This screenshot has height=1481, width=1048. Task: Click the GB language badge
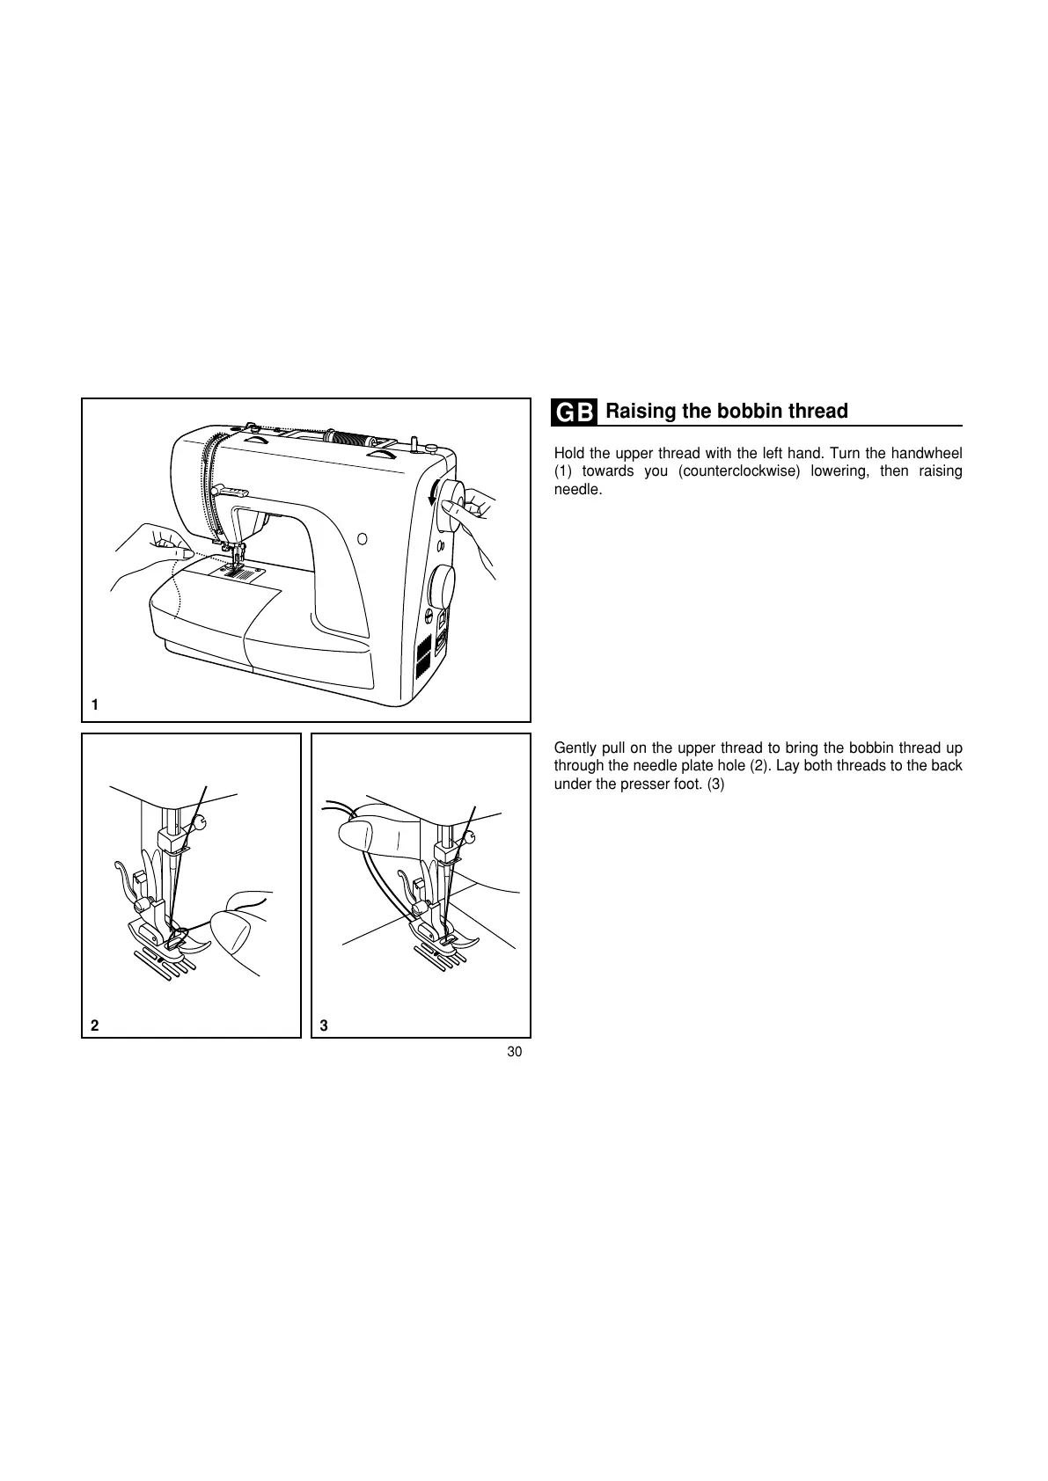click(x=575, y=412)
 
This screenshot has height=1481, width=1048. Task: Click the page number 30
click(x=515, y=1053)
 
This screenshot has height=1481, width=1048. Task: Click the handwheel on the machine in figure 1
click(x=451, y=507)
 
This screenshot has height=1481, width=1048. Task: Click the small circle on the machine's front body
click(x=362, y=537)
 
